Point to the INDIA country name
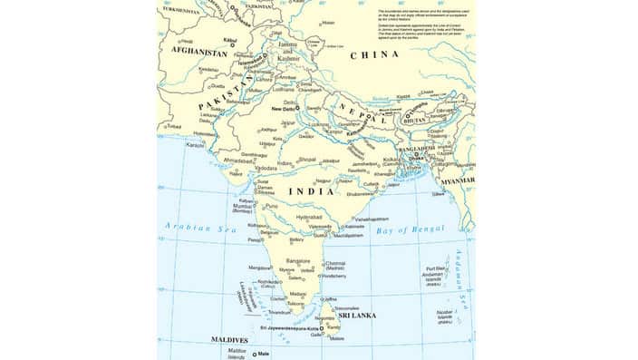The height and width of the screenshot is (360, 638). pos(310,191)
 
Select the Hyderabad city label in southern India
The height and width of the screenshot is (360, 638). pos(310,218)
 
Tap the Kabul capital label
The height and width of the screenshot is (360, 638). pos(230,40)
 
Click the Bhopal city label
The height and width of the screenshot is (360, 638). pos(307,159)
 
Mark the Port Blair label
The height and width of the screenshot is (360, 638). pos(435,268)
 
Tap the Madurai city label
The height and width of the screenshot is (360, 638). pos(297,294)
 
